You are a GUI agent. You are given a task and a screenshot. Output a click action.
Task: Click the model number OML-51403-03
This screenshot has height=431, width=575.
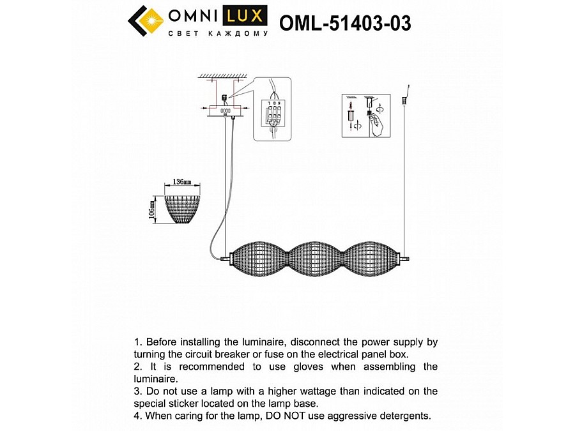click(345, 23)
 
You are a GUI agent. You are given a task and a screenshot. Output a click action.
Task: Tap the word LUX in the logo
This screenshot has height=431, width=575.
click(246, 16)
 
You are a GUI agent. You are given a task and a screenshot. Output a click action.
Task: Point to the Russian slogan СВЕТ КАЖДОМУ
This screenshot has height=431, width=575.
click(218, 34)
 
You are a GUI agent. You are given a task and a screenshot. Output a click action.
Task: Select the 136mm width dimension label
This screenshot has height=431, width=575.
click(182, 182)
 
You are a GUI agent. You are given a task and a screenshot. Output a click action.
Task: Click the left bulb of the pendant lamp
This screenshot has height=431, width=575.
click(257, 259)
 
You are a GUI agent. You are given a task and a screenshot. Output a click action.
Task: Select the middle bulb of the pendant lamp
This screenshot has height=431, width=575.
click(312, 259)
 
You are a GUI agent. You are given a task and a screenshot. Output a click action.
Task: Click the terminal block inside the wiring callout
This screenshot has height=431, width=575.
click(273, 116)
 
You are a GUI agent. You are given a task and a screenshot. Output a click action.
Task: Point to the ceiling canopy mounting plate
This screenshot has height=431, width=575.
click(225, 111)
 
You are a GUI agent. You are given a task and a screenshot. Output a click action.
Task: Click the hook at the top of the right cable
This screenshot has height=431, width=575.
click(407, 87)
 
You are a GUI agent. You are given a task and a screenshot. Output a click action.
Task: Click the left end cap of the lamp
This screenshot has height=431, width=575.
click(225, 259)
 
